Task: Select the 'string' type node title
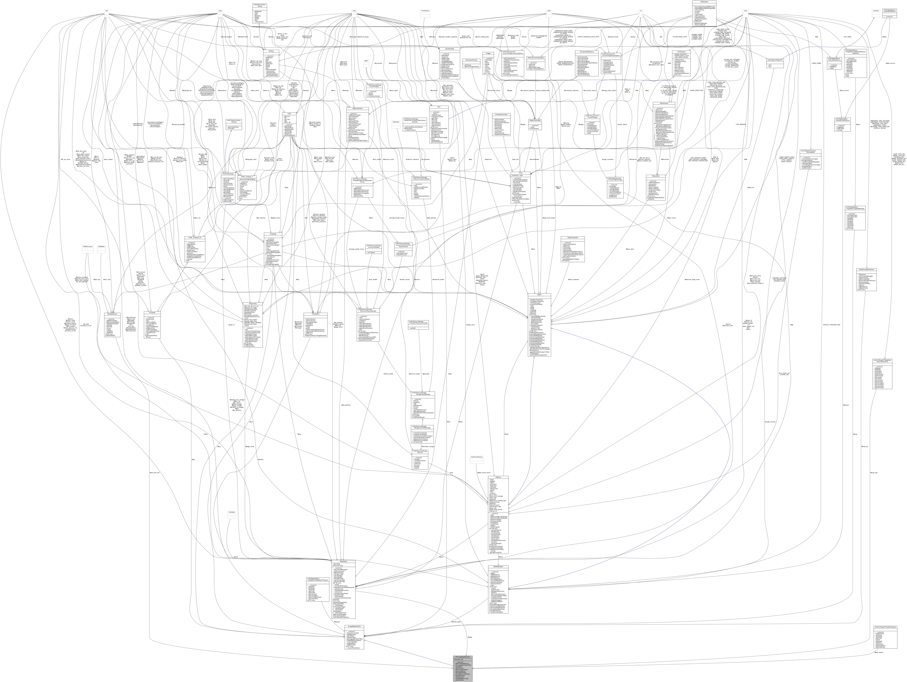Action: (220, 11)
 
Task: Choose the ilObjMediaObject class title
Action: (498, 566)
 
